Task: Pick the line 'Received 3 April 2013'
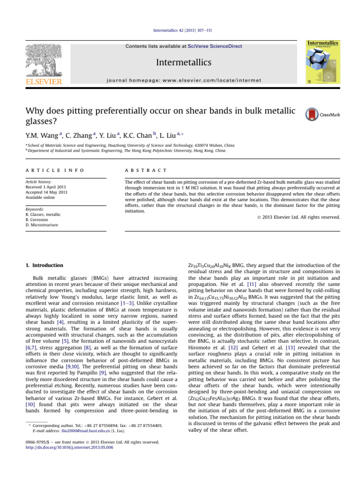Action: click(x=47, y=186)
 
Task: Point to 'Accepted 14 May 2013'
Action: click(x=46, y=191)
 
